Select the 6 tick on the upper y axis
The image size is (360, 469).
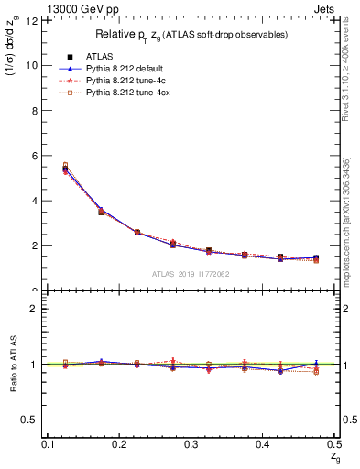click(x=34, y=156)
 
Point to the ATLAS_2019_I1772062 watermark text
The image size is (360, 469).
click(x=191, y=274)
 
